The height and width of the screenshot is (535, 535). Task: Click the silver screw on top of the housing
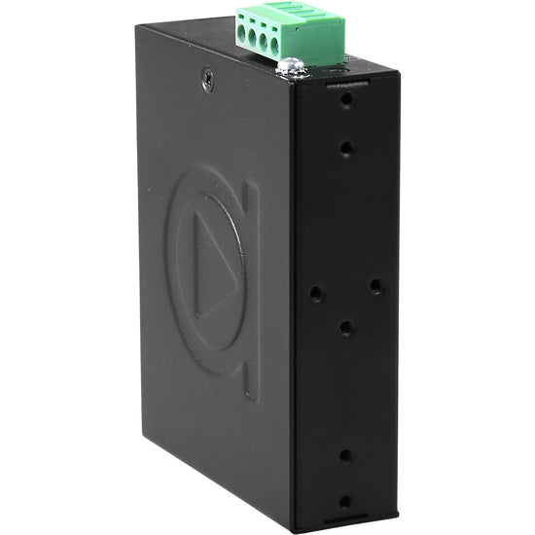click(x=291, y=67)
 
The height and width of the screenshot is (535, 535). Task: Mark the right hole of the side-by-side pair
click(x=375, y=285)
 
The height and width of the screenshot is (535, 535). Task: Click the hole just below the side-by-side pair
click(x=345, y=328)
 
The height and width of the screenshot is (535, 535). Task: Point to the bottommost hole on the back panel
click(x=345, y=503)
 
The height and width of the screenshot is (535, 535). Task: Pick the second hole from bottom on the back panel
click(x=345, y=454)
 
